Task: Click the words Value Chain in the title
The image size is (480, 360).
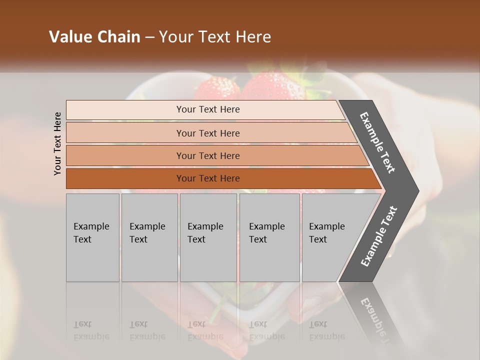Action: (x=94, y=37)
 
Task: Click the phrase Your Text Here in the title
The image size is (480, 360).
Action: (x=215, y=37)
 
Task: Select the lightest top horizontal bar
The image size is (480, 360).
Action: (x=125, y=110)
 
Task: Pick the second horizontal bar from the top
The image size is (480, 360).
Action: (x=125, y=133)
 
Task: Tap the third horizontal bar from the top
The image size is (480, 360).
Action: (x=125, y=155)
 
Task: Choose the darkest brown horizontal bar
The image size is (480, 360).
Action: (x=125, y=178)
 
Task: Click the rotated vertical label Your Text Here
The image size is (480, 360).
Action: (x=57, y=143)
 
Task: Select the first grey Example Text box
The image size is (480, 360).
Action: (x=92, y=237)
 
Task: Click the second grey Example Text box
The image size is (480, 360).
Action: (x=149, y=237)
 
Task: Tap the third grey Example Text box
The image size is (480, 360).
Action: (x=208, y=237)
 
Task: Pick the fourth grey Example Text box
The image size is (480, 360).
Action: (x=269, y=237)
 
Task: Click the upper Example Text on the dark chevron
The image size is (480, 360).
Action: (x=377, y=142)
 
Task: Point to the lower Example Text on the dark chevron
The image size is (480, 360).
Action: (x=379, y=236)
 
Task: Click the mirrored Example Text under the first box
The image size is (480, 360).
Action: (x=91, y=330)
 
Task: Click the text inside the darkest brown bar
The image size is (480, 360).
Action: (x=208, y=178)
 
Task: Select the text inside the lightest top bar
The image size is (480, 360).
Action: (x=208, y=109)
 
